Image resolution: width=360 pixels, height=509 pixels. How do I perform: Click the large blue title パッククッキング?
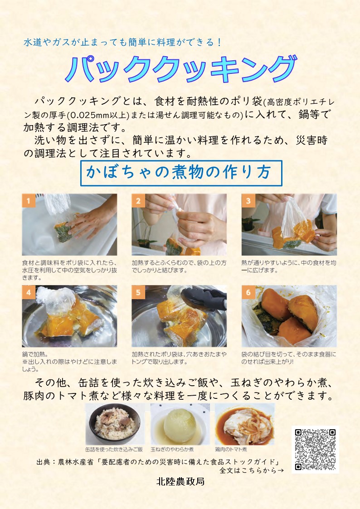181,69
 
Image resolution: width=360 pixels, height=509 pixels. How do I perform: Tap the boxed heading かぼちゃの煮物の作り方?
181,173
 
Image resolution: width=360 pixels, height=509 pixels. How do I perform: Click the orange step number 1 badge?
29,201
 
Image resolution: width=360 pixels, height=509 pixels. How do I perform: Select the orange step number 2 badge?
138,201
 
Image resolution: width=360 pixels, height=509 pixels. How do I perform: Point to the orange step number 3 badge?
248,201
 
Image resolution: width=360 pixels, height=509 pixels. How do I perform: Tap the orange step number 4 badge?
29,292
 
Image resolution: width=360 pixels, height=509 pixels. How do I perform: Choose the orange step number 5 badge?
138,292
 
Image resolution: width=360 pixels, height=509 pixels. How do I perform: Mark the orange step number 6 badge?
248,292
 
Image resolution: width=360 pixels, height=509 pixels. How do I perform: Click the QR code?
315,450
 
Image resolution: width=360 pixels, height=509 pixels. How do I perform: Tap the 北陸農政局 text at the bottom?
180,481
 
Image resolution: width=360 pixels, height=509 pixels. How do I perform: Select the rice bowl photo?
115,425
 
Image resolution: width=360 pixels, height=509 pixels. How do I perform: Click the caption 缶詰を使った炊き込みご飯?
114,450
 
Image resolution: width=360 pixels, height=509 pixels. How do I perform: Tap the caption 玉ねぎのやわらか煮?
172,450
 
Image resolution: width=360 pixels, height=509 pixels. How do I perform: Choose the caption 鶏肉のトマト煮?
231,450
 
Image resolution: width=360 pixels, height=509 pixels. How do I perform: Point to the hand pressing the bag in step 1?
92,220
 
